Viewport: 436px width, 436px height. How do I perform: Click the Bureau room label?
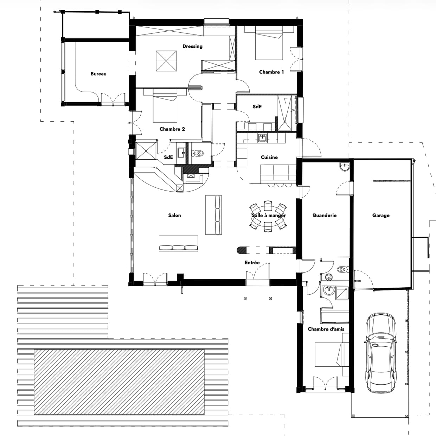coord(98,74)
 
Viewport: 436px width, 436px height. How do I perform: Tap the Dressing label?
coord(192,46)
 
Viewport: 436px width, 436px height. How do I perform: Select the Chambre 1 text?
coord(271,72)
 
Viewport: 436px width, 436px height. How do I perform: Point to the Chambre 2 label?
coord(172,129)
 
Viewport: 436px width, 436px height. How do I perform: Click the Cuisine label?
coord(269,157)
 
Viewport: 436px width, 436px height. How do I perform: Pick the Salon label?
coord(174,215)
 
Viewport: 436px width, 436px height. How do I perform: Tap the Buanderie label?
coord(325,215)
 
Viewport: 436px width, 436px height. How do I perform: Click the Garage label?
coord(381,216)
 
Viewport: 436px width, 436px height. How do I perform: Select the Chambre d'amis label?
coord(326,329)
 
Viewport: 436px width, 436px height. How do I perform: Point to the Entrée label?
coord(252,262)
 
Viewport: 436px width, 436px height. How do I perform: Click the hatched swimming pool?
coord(119,382)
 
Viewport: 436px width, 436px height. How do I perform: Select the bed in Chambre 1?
coord(269,43)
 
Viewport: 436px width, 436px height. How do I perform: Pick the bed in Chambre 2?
coord(165,105)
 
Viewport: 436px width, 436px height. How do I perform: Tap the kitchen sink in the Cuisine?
coord(262,138)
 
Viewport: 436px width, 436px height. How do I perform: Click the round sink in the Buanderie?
coord(345,167)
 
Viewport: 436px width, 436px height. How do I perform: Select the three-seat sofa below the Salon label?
coord(178,244)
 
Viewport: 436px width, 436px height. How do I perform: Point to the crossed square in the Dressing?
coord(166,61)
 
